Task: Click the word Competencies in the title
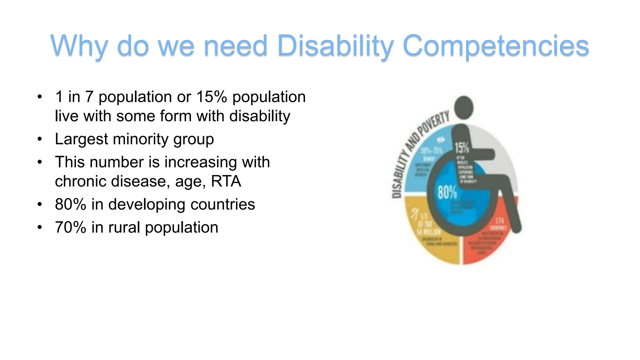(x=496, y=46)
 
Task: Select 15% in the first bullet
(x=211, y=97)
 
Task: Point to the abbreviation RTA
(x=226, y=181)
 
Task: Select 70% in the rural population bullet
(x=70, y=227)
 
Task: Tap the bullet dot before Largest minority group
(x=39, y=139)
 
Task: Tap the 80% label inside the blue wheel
(x=447, y=192)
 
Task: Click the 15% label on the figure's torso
(x=462, y=147)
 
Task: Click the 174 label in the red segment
(x=499, y=221)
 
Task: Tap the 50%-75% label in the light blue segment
(x=431, y=151)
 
